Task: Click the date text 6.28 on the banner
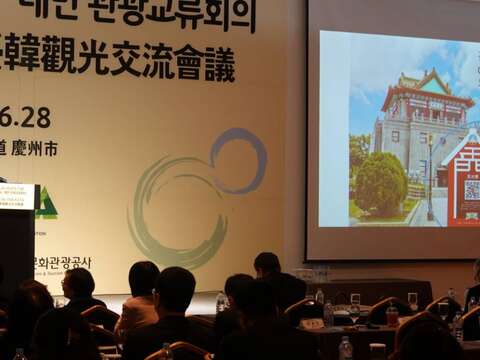(26, 117)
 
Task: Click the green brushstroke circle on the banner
(170, 215)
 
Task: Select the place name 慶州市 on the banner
(36, 149)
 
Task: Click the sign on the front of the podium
(16, 196)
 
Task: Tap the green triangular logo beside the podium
(46, 204)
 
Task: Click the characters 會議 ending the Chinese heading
(205, 62)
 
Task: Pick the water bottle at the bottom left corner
(19, 354)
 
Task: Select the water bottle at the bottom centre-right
(345, 348)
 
